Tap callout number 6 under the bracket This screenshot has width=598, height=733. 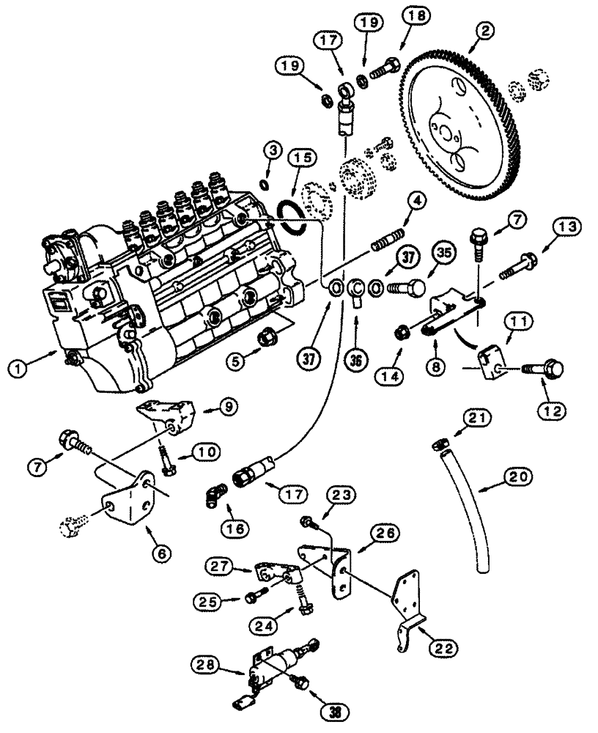pos(162,550)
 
